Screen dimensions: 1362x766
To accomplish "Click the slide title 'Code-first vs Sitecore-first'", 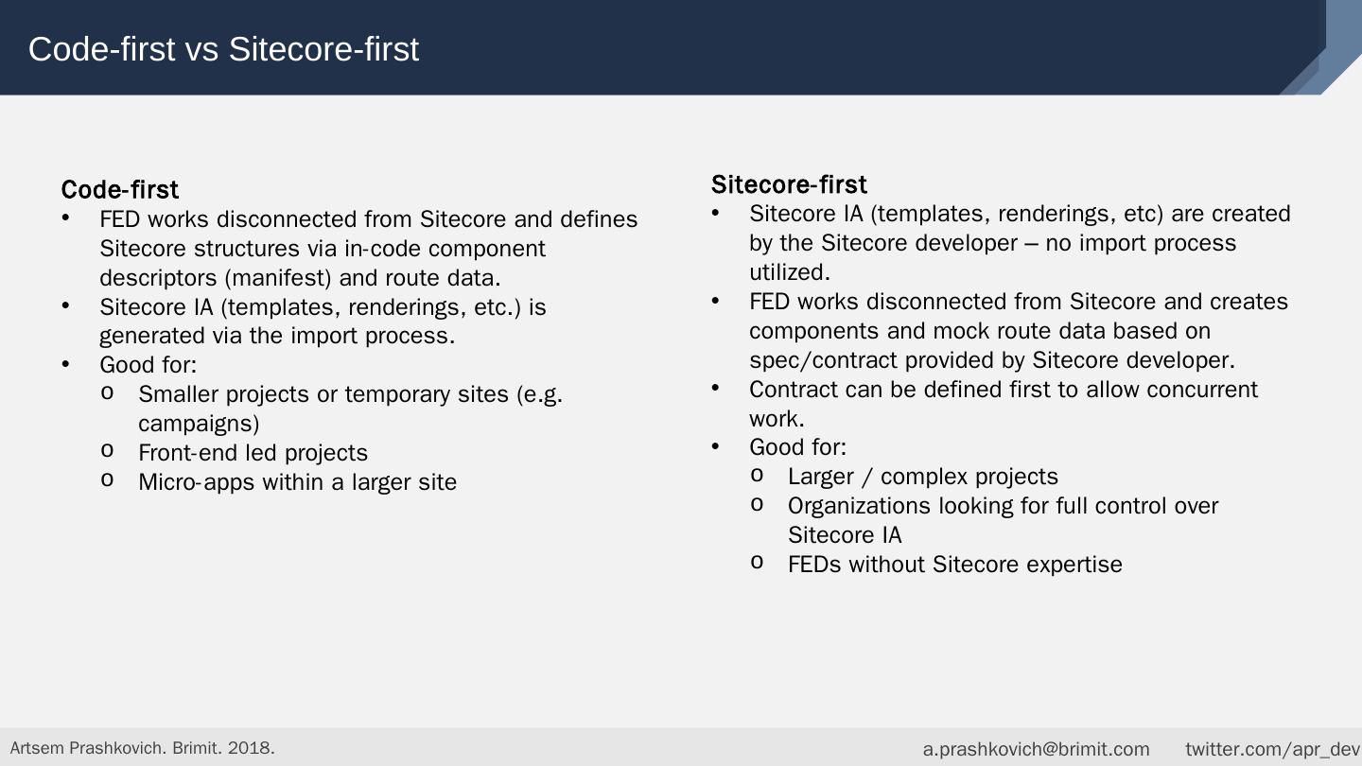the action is (x=223, y=49).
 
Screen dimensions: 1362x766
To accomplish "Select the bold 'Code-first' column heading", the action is (x=120, y=190).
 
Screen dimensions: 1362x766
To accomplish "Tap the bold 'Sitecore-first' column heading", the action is (x=789, y=184).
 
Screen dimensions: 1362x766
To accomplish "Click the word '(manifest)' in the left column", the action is (x=278, y=278).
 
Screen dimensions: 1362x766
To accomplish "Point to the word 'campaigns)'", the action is (x=199, y=424).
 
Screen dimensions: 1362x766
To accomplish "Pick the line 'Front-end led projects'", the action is (x=253, y=453).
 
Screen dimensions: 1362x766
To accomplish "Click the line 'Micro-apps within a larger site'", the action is (x=297, y=482).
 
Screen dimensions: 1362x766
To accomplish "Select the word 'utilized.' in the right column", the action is (x=789, y=272).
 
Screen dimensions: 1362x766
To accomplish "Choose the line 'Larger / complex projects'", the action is (x=923, y=477).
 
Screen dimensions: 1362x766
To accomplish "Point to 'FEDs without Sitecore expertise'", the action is (x=954, y=565).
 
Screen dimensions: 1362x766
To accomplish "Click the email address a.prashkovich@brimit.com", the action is (x=1036, y=749).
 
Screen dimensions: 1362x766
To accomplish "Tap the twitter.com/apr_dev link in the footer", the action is (x=1272, y=749).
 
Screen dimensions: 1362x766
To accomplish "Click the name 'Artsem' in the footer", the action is (x=36, y=748).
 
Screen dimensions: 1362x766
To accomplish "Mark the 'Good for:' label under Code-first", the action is (x=148, y=365).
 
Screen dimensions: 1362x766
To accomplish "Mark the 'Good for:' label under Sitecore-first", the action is (x=797, y=447).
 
